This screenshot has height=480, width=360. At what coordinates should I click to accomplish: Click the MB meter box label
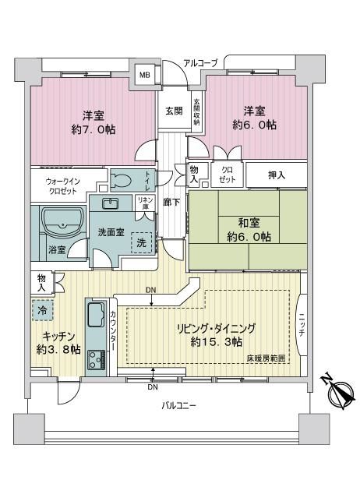pos(145,75)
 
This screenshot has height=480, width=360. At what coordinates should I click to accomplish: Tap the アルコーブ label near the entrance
pos(200,63)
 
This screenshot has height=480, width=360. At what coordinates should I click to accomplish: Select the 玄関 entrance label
pos(174,111)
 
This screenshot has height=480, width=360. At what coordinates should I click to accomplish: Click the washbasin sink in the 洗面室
pos(110,203)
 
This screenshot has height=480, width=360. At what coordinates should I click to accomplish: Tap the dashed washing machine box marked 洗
pos(142,242)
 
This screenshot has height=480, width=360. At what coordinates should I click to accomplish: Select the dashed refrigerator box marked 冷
pos(43,310)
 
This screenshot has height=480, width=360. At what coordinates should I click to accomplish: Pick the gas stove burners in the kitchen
pos(97,359)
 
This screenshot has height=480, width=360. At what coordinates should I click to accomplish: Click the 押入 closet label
pos(277,175)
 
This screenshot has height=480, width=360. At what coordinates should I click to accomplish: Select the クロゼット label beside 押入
pos(228,175)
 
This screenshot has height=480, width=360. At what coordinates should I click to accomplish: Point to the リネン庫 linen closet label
pos(145,203)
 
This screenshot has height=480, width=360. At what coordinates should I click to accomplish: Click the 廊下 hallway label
pos(171,202)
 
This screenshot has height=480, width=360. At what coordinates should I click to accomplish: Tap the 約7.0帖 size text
pos(94,130)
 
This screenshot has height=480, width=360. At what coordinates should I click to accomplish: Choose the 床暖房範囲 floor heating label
pos(266,358)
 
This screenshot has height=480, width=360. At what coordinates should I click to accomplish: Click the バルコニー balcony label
pos(178,406)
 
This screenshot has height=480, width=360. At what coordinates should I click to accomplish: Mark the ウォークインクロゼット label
pos(62,186)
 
